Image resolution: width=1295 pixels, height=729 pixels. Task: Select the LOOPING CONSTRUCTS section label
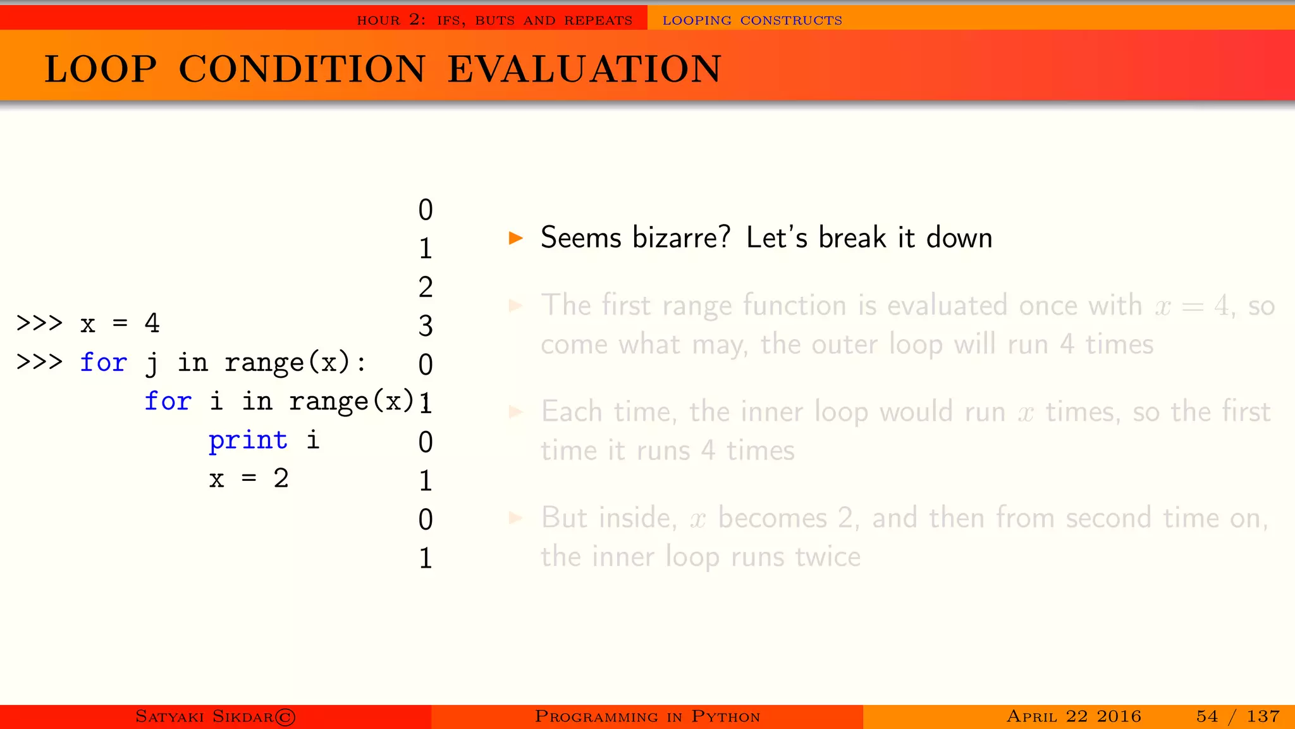click(752, 20)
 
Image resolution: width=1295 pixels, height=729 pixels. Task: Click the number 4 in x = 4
click(152, 323)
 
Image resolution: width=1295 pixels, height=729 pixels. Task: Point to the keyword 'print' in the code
click(248, 440)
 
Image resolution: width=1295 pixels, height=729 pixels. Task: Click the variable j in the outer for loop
click(152, 363)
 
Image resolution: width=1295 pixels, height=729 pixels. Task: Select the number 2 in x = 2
click(281, 478)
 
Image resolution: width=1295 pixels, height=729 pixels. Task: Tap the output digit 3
click(426, 326)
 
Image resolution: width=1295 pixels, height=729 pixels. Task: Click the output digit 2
click(426, 287)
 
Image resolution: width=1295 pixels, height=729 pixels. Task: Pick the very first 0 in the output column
click(426, 210)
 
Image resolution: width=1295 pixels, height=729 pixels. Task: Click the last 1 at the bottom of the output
click(426, 558)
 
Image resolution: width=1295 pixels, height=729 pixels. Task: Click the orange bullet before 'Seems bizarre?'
click(516, 238)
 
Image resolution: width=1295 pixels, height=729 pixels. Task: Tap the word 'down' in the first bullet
click(959, 238)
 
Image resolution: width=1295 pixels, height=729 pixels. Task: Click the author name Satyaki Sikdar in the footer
click(205, 716)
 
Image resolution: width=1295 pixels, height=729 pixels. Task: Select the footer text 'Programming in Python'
click(647, 716)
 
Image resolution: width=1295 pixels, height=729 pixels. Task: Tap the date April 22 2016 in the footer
click(1074, 716)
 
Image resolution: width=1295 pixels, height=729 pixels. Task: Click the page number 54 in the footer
click(1206, 716)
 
